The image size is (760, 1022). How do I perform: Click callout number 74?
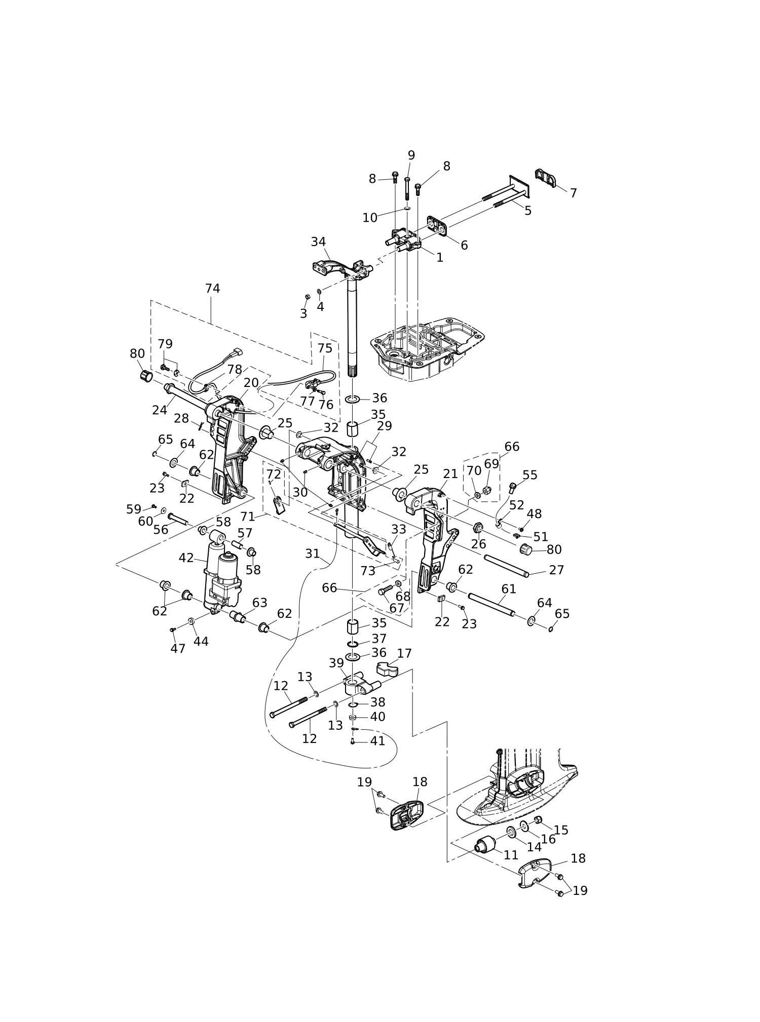[212, 288]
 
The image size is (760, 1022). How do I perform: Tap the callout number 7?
[573, 193]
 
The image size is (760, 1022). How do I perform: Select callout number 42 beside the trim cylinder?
[186, 558]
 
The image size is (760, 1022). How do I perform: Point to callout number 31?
[312, 554]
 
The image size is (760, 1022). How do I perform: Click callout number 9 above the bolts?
[411, 155]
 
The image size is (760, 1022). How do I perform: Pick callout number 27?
[556, 570]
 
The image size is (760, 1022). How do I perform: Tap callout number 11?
[511, 855]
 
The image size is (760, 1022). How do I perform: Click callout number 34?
[318, 242]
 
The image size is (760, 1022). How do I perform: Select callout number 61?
[509, 589]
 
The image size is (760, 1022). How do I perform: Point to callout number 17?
[404, 653]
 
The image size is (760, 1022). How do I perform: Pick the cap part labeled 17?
[387, 670]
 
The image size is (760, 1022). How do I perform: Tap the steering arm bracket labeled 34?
[343, 269]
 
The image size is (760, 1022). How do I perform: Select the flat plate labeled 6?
[437, 226]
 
